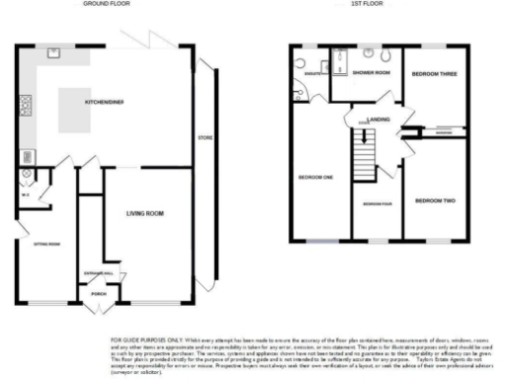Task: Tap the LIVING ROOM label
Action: pyautogui.click(x=144, y=212)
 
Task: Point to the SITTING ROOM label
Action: pyautogui.click(x=47, y=243)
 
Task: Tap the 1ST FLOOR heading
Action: pyautogui.click(x=367, y=5)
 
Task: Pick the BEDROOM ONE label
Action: pyautogui.click(x=316, y=178)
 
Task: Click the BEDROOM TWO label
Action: pyautogui.click(x=435, y=201)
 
